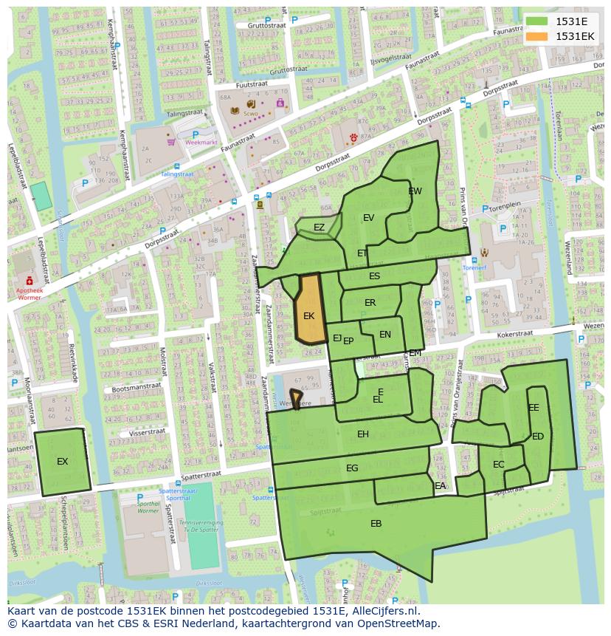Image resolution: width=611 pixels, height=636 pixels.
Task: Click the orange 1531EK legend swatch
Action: click(x=538, y=36)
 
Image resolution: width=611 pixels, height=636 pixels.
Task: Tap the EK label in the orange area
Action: click(x=309, y=316)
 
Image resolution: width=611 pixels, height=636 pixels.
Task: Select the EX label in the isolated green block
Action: click(x=63, y=462)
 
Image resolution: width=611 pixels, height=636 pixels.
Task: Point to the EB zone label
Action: click(x=376, y=524)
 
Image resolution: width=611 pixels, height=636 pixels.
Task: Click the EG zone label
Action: click(x=352, y=468)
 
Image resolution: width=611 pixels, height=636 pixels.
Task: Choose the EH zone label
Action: click(x=363, y=434)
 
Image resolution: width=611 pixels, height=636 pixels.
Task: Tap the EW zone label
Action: click(x=415, y=191)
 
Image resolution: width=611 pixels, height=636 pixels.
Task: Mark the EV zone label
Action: click(x=369, y=217)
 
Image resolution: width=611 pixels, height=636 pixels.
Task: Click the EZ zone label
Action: click(x=319, y=228)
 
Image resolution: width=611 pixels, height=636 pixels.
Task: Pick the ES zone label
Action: click(x=375, y=276)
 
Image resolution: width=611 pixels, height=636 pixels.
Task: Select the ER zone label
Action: click(x=370, y=303)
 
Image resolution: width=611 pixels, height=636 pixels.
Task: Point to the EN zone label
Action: click(x=385, y=335)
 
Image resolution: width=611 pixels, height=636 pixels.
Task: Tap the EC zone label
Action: click(x=499, y=465)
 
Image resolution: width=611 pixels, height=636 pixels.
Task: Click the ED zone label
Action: click(x=538, y=437)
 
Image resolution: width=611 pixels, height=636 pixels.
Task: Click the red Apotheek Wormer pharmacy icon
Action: click(x=30, y=281)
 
